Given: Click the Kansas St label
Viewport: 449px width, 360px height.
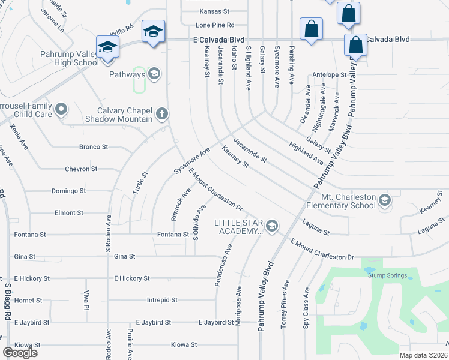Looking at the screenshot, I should point(214,11).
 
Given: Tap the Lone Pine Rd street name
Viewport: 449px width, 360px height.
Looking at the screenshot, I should point(214,25).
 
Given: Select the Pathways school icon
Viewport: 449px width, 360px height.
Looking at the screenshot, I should point(155,74).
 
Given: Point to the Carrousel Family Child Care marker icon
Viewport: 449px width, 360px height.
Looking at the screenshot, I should point(61,109).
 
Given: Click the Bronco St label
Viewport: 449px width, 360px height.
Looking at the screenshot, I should point(93,146).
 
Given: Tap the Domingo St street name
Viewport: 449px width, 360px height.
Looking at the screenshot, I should point(70,191).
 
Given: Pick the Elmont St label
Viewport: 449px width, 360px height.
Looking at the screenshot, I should point(68,212).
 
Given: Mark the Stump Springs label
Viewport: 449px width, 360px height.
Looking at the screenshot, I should point(387,276).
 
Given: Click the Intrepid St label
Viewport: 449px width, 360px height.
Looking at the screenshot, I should point(162,300).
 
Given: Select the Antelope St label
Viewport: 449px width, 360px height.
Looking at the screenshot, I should point(330,76).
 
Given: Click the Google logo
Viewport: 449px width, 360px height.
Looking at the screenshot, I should point(20,353).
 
